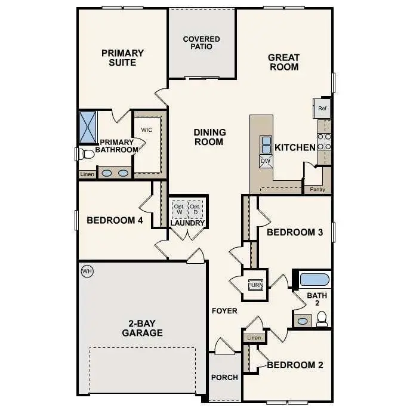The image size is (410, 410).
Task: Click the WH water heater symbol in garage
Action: coord(87,272)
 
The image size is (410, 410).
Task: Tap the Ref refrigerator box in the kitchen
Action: coord(322,108)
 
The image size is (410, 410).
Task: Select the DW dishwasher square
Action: coord(265,161)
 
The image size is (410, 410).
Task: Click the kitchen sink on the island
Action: coord(265,144)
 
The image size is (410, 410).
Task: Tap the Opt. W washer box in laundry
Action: coord(178,209)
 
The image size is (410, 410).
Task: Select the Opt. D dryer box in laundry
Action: coord(195,209)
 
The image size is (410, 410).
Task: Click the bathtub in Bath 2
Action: coord(314,279)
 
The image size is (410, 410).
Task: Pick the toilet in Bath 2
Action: coord(322,320)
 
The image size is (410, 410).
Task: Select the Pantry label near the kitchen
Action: coord(317,189)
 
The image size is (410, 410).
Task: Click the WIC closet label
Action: coord(147,130)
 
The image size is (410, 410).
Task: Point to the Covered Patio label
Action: coord(201,43)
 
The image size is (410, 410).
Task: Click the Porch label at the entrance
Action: coord(224,377)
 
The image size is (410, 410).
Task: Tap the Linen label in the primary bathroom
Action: coord(87,174)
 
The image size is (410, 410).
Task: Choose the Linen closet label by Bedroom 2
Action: coord(254,338)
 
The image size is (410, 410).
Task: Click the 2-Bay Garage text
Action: coord(143,328)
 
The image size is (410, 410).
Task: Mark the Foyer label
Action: coord(224,311)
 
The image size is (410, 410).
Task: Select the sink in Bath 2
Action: coord(303,321)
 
